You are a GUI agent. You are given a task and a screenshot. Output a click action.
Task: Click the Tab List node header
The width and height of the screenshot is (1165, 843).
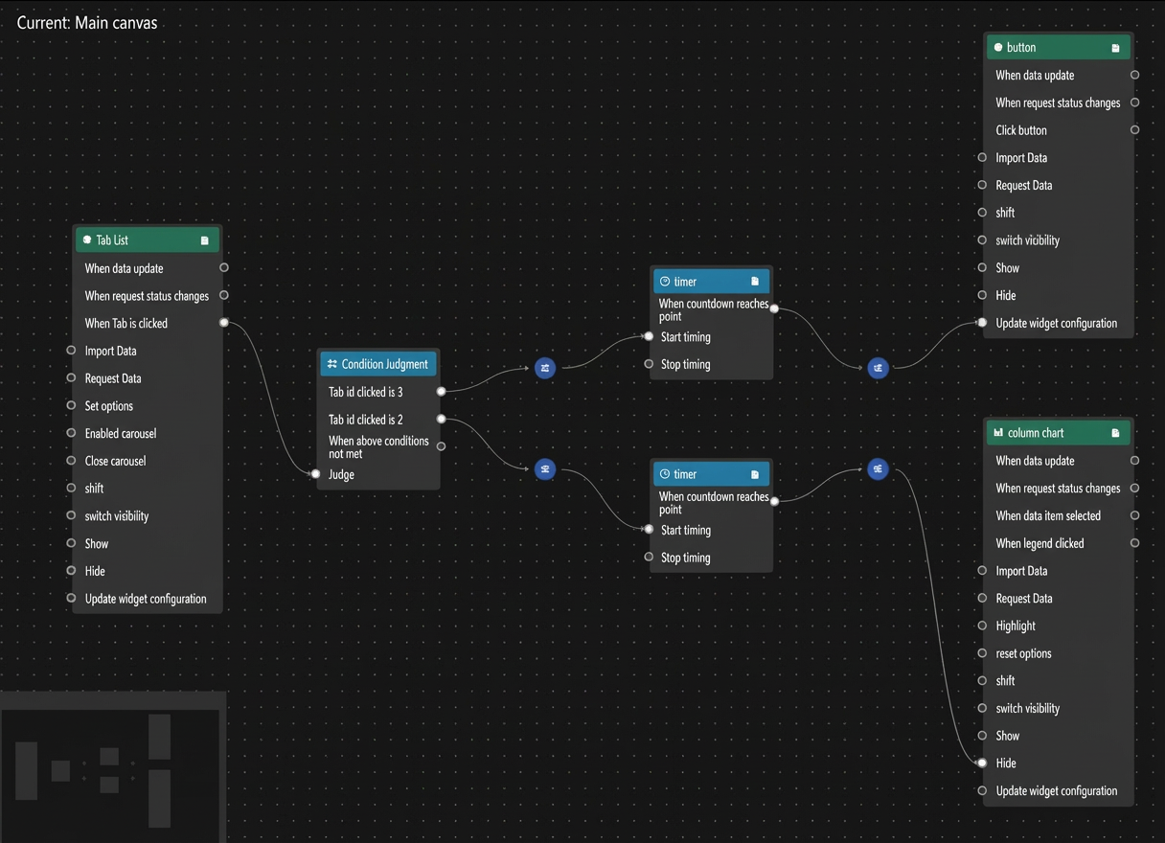coord(148,239)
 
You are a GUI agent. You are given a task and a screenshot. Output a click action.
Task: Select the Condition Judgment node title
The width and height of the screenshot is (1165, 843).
coord(384,364)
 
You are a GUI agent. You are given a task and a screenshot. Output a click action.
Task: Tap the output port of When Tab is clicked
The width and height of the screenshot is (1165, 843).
coord(223,323)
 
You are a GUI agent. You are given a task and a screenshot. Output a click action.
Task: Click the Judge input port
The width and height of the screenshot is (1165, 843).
coord(315,474)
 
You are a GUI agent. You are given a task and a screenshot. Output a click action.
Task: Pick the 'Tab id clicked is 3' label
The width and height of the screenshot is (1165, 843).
coord(366,392)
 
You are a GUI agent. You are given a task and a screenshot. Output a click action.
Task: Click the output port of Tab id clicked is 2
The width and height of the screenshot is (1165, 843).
coord(441,419)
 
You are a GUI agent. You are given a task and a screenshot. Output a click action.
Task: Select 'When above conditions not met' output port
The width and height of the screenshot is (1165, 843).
coord(441,446)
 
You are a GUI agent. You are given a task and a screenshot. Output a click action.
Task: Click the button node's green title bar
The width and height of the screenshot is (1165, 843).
coord(1058,47)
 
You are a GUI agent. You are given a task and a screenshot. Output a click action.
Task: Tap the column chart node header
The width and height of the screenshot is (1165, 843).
coord(1058,433)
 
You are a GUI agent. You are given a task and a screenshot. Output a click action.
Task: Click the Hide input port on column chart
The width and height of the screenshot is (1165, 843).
coord(982,763)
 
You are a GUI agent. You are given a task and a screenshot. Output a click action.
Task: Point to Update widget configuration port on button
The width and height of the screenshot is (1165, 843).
coord(982,323)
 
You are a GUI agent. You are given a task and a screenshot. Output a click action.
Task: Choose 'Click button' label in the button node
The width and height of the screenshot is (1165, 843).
coord(1021,130)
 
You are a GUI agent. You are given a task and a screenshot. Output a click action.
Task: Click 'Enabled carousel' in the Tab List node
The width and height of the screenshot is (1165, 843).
coord(121,433)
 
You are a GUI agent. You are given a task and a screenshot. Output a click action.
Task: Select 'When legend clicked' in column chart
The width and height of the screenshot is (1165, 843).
coord(1039,543)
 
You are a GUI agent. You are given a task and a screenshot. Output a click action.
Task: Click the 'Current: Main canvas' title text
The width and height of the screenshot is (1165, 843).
coord(87,23)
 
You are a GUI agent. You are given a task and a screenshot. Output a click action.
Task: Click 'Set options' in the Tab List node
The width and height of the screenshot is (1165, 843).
coord(108,405)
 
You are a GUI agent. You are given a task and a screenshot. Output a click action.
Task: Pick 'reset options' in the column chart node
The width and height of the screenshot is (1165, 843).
coord(1023,653)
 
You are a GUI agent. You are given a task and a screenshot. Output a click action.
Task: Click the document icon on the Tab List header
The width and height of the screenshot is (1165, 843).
coord(204,240)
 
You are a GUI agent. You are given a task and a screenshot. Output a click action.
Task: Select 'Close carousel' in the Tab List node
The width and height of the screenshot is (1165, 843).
coord(116,461)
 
